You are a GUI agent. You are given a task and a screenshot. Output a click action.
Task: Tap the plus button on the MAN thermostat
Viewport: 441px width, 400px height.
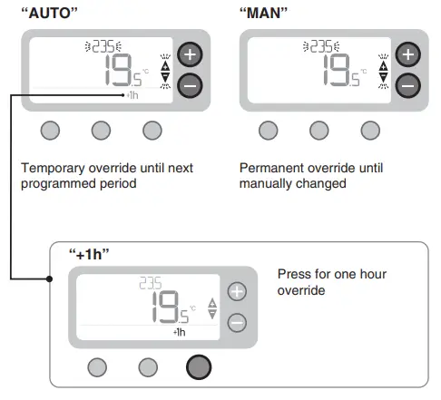pyautogui.click(x=407, y=54)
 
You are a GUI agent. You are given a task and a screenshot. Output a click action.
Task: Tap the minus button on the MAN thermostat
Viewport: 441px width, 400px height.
pyautogui.click(x=407, y=85)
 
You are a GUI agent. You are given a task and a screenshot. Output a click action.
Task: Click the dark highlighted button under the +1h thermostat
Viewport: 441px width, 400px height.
pyautogui.click(x=198, y=366)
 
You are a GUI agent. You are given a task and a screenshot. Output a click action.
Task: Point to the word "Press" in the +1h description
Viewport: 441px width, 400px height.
pyautogui.click(x=294, y=273)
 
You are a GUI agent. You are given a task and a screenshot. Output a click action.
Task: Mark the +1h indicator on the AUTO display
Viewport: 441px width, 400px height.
pyautogui.click(x=133, y=94)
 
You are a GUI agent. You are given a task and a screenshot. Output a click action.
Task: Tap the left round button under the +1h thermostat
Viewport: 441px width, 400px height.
pyautogui.click(x=96, y=366)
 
